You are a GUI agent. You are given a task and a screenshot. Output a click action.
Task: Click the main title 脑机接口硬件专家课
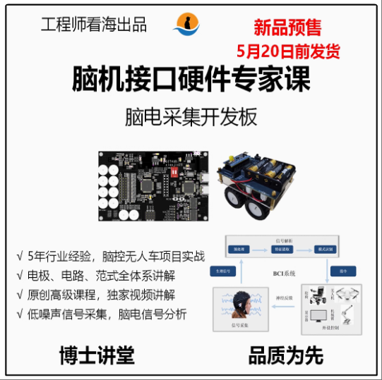[191, 80]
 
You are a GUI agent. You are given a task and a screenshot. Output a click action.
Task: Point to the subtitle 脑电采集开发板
[191, 116]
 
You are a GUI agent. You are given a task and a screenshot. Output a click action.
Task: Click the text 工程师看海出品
[94, 25]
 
